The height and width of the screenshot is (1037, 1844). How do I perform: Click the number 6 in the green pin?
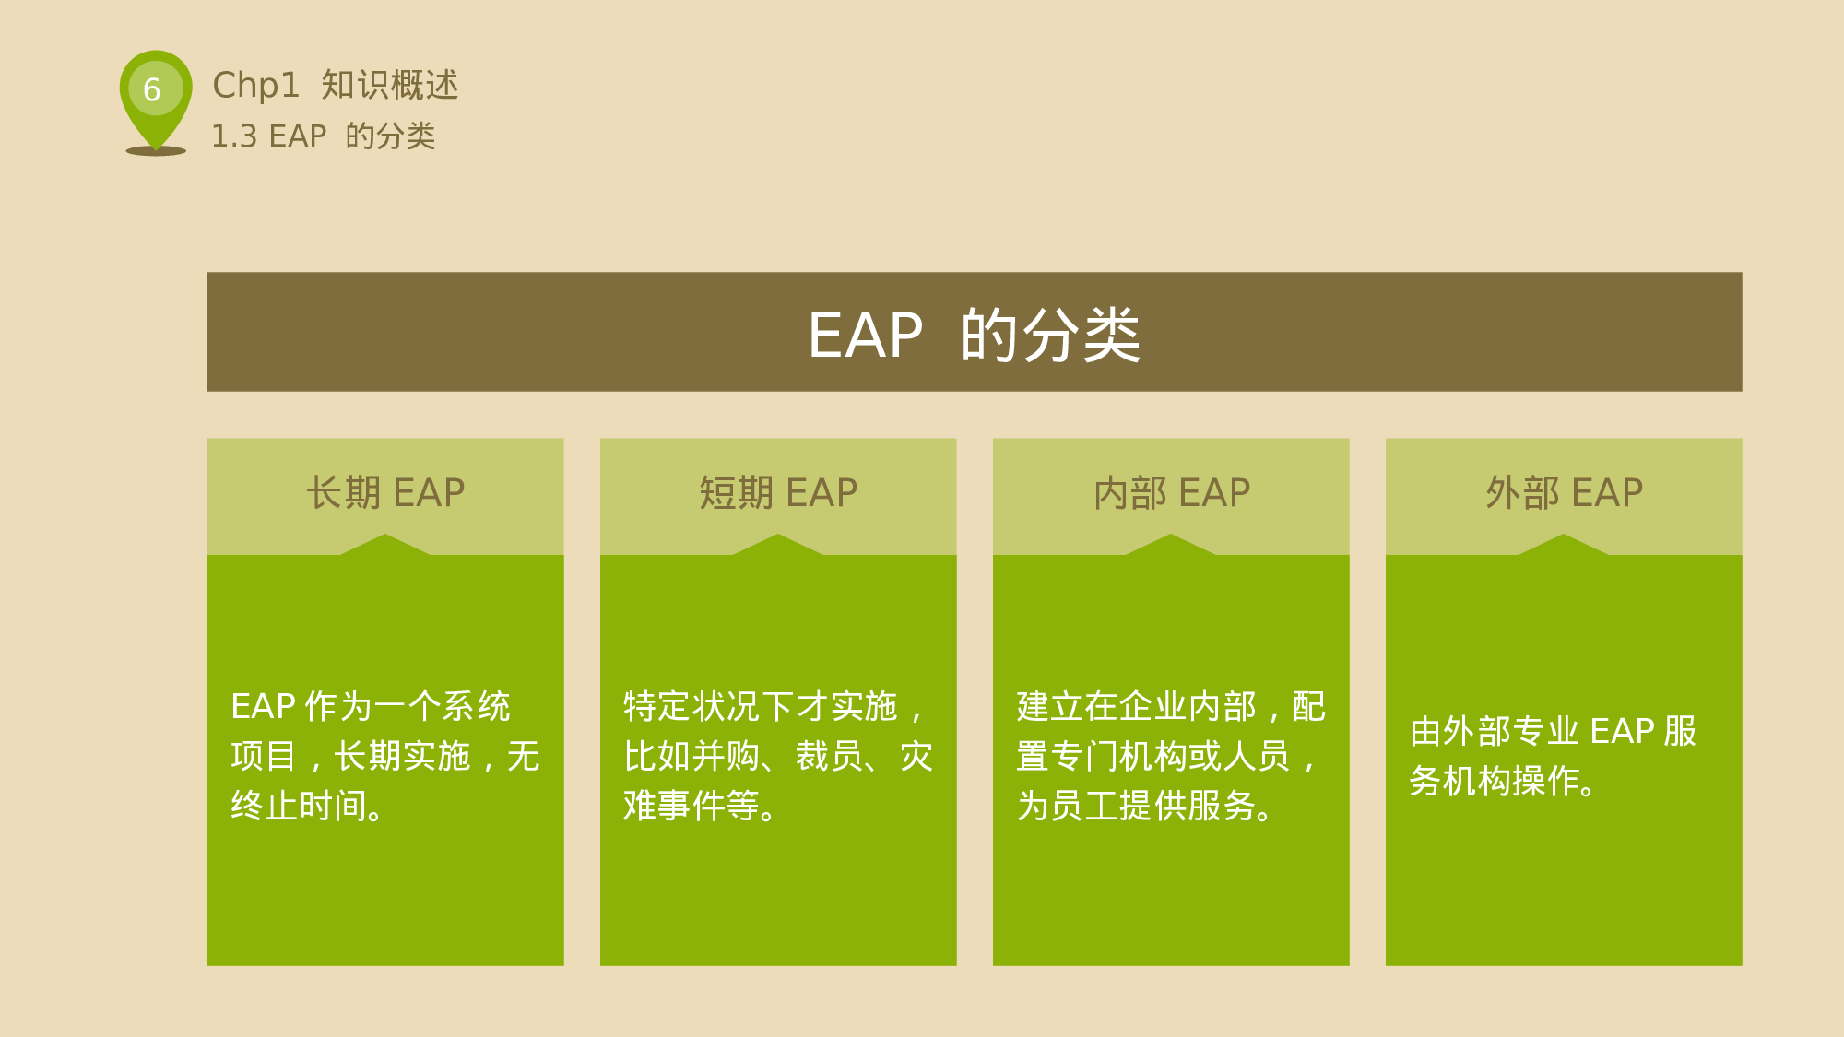(152, 89)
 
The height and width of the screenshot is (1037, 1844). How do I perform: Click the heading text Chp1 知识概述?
(335, 85)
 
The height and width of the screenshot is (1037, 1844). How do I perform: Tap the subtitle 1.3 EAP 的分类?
(323, 136)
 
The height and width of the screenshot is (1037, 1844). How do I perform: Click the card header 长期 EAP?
(385, 493)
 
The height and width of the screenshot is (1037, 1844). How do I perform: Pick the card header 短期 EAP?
(778, 493)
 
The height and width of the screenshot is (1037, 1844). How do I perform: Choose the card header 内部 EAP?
(1171, 493)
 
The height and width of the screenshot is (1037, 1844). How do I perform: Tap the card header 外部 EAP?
(1564, 493)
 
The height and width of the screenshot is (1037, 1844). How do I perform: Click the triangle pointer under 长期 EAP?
(385, 546)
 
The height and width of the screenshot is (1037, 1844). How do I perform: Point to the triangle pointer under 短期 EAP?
(778, 546)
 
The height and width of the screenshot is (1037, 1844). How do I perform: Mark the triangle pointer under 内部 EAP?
(1171, 546)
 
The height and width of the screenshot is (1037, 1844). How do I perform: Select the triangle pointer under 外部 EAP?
(1564, 546)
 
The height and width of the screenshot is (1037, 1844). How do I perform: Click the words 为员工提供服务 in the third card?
(1136, 807)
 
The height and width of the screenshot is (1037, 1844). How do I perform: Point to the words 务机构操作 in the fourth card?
(1494, 782)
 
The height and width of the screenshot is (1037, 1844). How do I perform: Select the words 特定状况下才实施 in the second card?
(761, 707)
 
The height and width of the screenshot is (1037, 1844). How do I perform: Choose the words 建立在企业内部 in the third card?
(1136, 707)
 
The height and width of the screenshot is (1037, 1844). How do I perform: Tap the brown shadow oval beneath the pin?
(156, 151)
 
